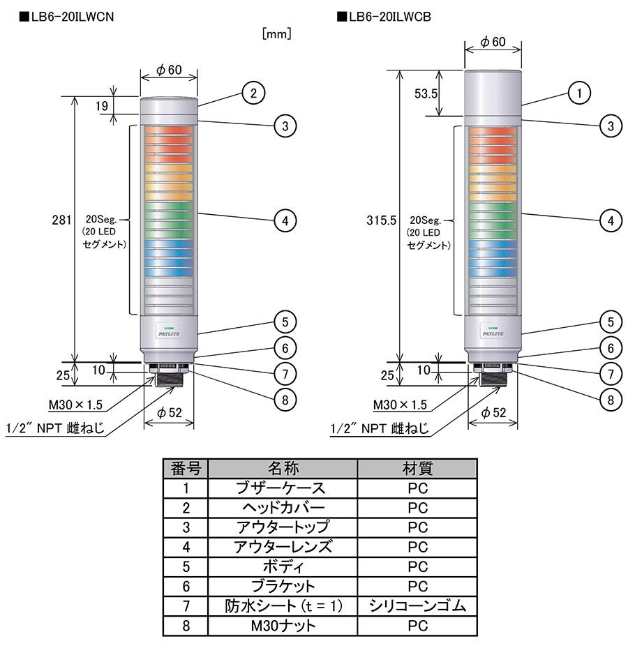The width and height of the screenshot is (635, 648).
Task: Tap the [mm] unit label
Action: (x=276, y=33)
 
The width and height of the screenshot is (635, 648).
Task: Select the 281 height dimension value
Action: (x=62, y=220)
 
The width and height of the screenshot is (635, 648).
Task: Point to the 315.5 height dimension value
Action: (x=381, y=220)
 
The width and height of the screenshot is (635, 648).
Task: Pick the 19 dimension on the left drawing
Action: (x=102, y=106)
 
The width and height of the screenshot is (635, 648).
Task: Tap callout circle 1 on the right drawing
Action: (x=579, y=92)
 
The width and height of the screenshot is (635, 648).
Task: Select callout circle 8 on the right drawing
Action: (x=611, y=400)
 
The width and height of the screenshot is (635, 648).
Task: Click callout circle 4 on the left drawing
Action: (x=285, y=220)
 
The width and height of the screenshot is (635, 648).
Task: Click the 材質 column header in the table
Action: (x=417, y=467)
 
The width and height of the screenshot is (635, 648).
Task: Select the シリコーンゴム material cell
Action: (x=417, y=605)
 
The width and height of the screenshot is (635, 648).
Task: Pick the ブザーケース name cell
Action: (x=283, y=488)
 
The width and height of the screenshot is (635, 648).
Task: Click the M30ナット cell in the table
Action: (x=283, y=626)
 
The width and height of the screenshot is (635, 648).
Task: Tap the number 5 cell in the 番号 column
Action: (x=186, y=566)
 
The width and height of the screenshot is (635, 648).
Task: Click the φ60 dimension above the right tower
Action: (x=493, y=42)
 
